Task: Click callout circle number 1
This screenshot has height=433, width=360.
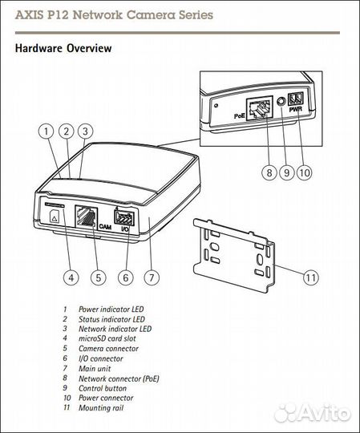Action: click(47, 132)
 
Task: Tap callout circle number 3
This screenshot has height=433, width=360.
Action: click(85, 132)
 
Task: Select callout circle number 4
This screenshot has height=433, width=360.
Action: click(71, 278)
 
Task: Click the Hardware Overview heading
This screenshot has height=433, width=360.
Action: click(63, 48)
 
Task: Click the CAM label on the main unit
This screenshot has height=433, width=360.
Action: click(104, 228)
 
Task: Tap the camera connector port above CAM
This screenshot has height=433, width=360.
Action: click(86, 215)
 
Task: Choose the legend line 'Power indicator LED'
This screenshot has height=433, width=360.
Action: click(111, 309)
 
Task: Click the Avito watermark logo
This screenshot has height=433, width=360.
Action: click(313, 413)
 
